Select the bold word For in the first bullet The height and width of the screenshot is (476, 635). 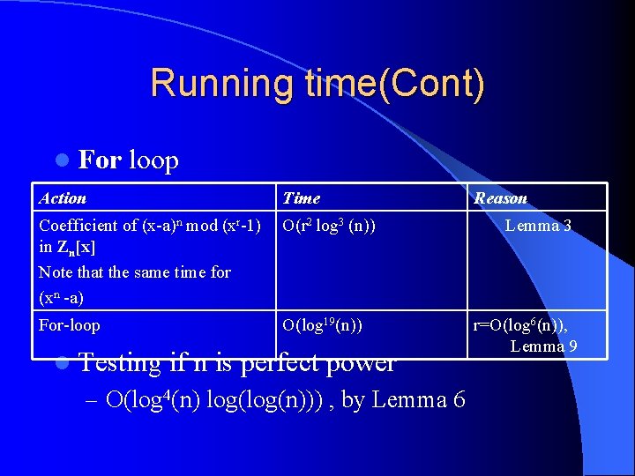(x=100, y=160)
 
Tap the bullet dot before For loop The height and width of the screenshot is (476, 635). (x=61, y=160)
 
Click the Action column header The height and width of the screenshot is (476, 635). (x=63, y=198)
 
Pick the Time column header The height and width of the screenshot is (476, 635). (x=301, y=198)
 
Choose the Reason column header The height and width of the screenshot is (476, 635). (x=500, y=198)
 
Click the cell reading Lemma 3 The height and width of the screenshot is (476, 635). (x=538, y=226)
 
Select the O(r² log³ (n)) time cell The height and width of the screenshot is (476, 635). (x=328, y=226)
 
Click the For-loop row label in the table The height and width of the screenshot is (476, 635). (x=70, y=325)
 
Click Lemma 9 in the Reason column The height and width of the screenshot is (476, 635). (x=543, y=346)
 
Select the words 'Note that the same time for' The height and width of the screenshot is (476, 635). (x=135, y=272)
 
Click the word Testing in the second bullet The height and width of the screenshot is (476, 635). (x=120, y=362)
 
